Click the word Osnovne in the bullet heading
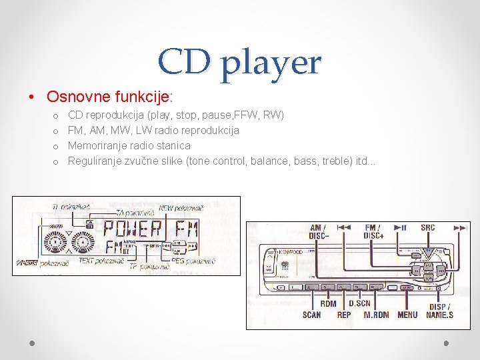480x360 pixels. (73, 97)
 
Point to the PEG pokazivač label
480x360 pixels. (193, 261)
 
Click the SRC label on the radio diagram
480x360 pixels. (427, 228)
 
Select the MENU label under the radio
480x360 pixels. (407, 315)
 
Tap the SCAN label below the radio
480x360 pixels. (311, 315)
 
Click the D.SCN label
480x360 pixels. (359, 303)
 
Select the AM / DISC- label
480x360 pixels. (318, 231)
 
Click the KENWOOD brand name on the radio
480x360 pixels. (291, 252)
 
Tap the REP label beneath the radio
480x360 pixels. (344, 315)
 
